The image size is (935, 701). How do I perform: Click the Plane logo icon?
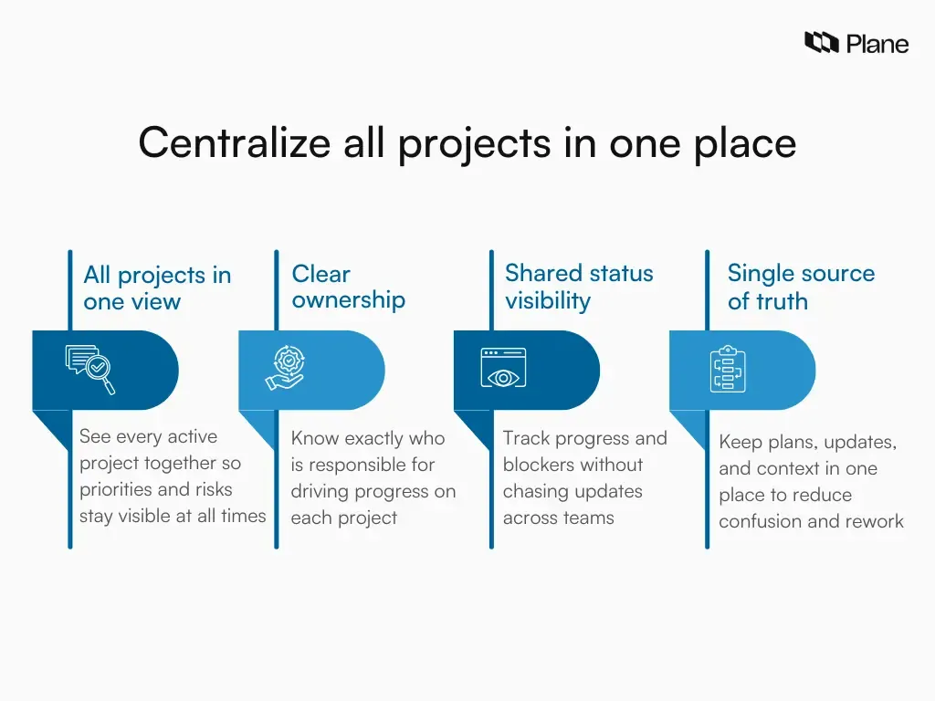tap(821, 42)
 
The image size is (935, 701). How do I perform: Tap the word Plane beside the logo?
tap(877, 43)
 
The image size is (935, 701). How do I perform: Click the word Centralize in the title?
tap(235, 143)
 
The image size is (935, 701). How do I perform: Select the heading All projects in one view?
tap(157, 288)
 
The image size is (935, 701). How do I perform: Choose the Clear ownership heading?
tap(348, 287)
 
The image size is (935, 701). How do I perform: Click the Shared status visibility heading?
tap(579, 287)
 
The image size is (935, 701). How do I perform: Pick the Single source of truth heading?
tap(800, 287)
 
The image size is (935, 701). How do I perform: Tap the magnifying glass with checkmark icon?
tap(90, 370)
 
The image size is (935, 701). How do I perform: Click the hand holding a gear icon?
tap(289, 370)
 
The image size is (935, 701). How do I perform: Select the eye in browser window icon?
tap(503, 370)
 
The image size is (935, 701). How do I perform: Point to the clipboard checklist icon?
tap(728, 370)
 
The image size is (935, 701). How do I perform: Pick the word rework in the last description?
tap(874, 521)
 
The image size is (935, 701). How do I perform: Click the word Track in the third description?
tap(526, 438)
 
